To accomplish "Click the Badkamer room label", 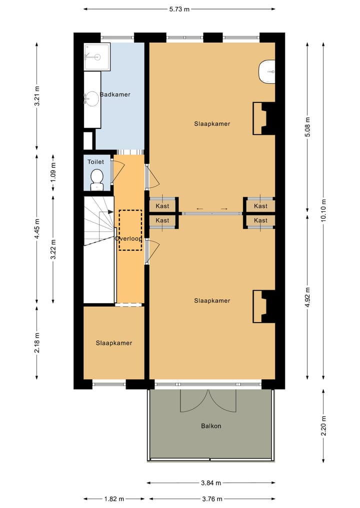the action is (115, 94).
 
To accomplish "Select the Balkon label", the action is (211, 426).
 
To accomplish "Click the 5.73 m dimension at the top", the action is (179, 9).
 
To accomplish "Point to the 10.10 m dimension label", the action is (323, 211).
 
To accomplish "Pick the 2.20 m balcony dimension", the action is (323, 426).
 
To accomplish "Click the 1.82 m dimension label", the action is (114, 499).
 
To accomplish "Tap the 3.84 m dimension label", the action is (211, 483).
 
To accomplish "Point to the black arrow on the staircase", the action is (106, 212).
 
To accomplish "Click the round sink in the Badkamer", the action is (92, 99).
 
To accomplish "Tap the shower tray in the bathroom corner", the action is (97, 57).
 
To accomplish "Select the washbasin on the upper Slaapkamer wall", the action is (267, 71).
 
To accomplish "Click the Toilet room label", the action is (95, 162).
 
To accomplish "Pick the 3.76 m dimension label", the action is (212, 499).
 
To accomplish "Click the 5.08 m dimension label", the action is (307, 127).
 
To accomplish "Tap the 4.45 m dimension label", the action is (37, 228).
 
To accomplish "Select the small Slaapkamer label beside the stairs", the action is (114, 343).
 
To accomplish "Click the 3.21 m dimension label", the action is (37, 95).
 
